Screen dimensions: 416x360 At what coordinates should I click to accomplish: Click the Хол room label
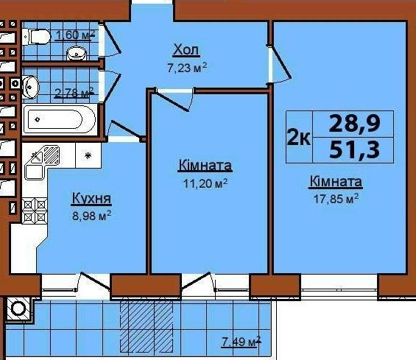tap(186, 50)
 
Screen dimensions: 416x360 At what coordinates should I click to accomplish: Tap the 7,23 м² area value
tap(187, 68)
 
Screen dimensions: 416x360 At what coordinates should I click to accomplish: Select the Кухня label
tap(91, 199)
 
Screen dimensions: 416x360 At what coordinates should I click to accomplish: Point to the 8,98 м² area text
tap(91, 216)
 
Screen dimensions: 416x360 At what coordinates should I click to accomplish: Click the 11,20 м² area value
tap(205, 183)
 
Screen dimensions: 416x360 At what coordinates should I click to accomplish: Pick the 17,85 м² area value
tap(336, 199)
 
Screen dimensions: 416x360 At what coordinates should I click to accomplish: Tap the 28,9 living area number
tap(354, 124)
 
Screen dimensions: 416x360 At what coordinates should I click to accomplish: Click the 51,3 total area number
tap(354, 149)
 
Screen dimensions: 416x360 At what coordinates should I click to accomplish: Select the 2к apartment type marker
tap(298, 138)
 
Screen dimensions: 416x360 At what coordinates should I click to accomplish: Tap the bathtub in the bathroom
tap(60, 119)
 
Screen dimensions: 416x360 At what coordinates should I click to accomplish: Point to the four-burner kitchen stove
tap(35, 211)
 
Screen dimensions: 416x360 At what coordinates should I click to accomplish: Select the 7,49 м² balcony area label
tap(241, 341)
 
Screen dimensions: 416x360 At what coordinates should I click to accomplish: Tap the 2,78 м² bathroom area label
tap(74, 93)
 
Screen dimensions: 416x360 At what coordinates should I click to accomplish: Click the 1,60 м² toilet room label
tap(74, 35)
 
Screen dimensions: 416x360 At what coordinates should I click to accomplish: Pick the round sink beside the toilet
tap(76, 54)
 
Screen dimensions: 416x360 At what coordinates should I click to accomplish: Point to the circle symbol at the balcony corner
tap(18, 308)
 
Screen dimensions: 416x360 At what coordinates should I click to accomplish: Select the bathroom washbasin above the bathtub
tap(30, 87)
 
